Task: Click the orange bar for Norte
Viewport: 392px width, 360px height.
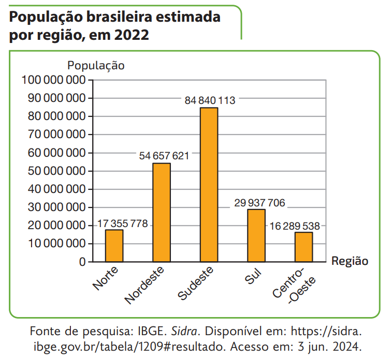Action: (x=114, y=246)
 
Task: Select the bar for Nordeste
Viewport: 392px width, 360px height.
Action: (x=162, y=212)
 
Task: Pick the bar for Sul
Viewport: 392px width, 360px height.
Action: (x=256, y=235)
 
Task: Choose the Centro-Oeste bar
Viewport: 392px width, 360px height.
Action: (x=303, y=247)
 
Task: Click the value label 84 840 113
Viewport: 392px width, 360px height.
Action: (x=210, y=100)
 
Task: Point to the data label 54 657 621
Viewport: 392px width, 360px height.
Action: (x=164, y=155)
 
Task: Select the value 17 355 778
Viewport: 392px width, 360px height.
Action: (x=123, y=224)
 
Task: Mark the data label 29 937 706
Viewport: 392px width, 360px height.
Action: (x=259, y=203)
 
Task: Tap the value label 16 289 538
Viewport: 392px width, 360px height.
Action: (x=294, y=226)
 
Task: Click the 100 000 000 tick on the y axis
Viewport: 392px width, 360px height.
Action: (x=53, y=80)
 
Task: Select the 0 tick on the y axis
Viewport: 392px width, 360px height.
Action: (x=82, y=262)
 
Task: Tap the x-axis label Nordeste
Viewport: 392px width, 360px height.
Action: (x=145, y=285)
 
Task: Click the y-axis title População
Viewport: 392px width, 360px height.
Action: (x=96, y=66)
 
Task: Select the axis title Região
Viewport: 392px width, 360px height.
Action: (x=350, y=261)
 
